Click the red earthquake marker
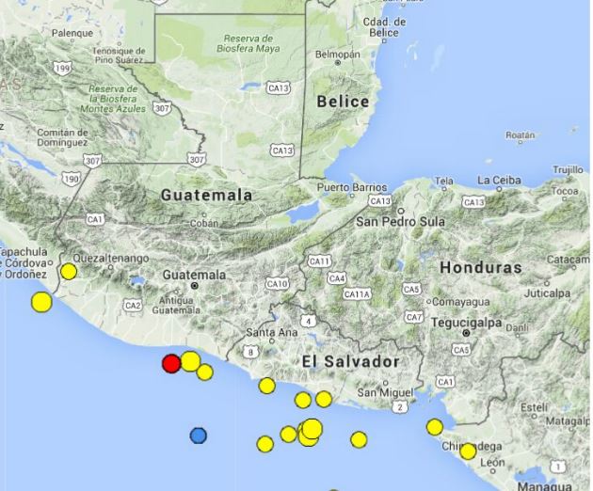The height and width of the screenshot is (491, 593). coord(171,363)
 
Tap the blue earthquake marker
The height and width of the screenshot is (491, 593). coord(198,436)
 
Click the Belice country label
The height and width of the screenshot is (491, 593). coord(343,102)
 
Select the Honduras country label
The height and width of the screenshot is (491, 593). coord(480,267)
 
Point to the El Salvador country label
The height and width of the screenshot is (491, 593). coord(351,361)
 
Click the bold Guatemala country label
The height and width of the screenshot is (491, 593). coord(206,196)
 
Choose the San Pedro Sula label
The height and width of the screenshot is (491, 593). coord(399,221)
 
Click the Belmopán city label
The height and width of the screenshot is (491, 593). coord(337,55)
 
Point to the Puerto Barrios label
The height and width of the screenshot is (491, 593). coord(352,187)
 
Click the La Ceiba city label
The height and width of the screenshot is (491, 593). coord(499,180)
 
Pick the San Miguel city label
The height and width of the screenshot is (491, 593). coord(381,391)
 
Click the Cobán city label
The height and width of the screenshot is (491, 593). coord(204,224)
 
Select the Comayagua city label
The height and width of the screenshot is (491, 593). coord(462,301)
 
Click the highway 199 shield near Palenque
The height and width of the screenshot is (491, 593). coord(64,68)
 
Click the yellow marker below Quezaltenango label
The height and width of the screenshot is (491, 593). coord(69,272)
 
